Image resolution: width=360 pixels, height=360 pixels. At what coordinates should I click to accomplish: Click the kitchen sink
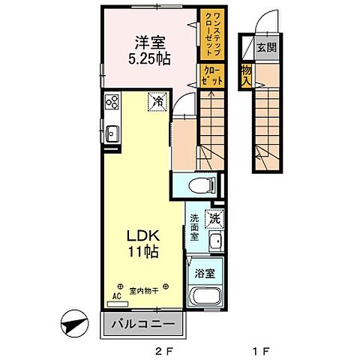(112, 133)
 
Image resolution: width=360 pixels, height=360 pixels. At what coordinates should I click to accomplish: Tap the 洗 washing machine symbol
(214, 220)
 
